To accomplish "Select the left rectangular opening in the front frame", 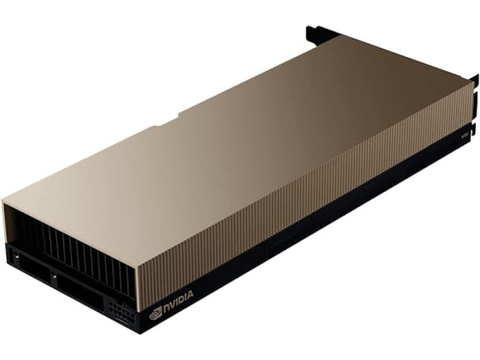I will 33,268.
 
